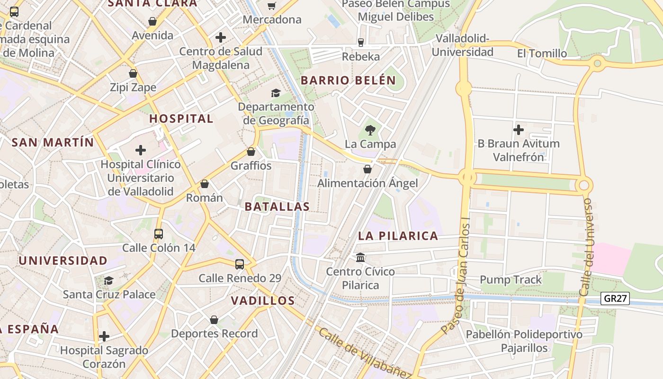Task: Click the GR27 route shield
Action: tap(615, 298)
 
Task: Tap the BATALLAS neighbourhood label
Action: tap(277, 207)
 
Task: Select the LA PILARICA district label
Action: tap(398, 236)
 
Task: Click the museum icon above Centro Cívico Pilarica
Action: tap(360, 257)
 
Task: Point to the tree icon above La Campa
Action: tap(370, 129)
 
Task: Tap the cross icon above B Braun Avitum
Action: tap(519, 129)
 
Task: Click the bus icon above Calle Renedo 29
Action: tap(240, 264)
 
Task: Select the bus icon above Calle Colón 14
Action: tap(159, 234)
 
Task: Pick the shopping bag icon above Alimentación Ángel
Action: tap(367, 169)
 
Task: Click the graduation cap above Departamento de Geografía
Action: tap(276, 93)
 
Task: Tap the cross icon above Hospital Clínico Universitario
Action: tap(141, 150)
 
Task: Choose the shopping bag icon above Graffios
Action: tap(251, 152)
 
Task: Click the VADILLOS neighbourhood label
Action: tap(263, 300)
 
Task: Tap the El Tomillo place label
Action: tap(542, 54)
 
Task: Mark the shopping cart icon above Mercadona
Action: tap(272, 6)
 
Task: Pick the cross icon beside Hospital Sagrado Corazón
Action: tap(104, 337)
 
